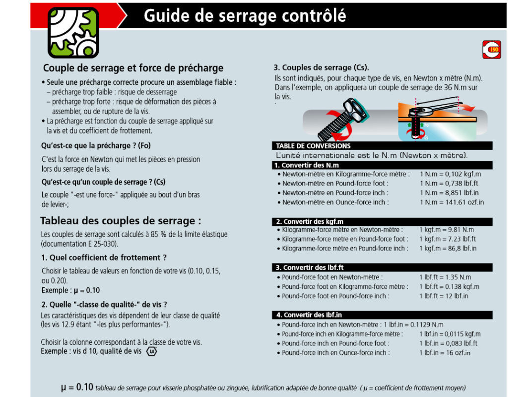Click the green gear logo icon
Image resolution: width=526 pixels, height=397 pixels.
point(73,33)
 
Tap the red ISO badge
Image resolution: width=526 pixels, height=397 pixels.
point(491,50)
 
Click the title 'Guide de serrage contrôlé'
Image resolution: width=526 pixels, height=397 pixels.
point(245,16)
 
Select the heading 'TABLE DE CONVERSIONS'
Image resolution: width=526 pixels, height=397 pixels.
point(313,146)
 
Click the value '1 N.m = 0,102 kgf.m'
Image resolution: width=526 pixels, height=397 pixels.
point(450,174)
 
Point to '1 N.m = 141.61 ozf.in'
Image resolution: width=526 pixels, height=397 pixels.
point(452,202)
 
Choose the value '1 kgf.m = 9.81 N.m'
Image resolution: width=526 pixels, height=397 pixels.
point(447,230)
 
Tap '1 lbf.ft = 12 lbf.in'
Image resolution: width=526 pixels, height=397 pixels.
point(444,296)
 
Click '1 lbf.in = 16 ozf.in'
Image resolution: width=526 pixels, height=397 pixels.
point(445,353)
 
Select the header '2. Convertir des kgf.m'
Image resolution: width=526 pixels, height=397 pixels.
point(310,221)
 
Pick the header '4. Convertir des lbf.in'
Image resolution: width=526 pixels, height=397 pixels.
point(309,315)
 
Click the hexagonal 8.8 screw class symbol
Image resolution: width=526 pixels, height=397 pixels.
point(152,351)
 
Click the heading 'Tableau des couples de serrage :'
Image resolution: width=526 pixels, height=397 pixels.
point(121,221)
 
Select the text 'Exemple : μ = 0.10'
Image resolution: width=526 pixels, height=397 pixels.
point(71,290)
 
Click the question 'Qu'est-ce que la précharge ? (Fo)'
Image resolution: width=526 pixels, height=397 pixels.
point(96,145)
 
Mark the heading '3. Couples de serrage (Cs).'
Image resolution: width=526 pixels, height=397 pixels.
point(321,67)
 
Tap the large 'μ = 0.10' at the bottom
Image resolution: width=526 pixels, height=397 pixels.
point(77,387)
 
